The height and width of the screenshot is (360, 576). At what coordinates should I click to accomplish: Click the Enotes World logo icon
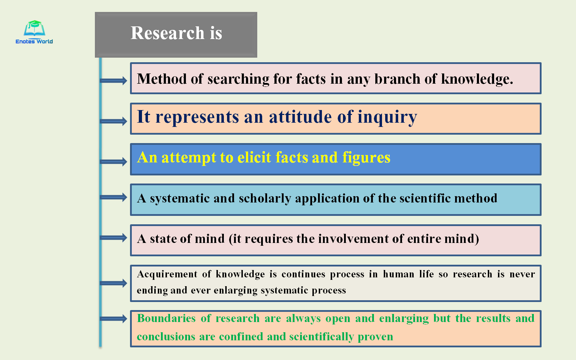click(x=34, y=28)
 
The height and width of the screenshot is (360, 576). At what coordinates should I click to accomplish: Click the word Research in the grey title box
click(x=167, y=33)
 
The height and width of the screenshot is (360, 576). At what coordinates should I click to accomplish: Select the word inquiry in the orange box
click(x=387, y=117)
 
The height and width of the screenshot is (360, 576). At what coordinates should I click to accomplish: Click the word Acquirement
click(x=167, y=274)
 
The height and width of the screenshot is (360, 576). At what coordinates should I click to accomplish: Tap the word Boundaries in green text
click(x=166, y=319)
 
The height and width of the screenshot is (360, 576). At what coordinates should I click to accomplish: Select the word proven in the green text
click(x=375, y=337)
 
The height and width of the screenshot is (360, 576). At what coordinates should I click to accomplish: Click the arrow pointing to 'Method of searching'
click(x=114, y=81)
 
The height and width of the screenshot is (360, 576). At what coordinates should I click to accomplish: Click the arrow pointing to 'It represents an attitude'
click(x=114, y=121)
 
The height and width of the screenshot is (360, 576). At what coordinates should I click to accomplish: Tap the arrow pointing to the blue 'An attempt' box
click(x=114, y=162)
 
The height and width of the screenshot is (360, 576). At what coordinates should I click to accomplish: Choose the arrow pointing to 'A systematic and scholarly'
click(x=114, y=197)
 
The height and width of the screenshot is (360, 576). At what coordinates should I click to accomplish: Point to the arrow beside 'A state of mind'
click(x=114, y=238)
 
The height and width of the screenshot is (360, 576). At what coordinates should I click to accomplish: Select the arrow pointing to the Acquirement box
click(x=114, y=283)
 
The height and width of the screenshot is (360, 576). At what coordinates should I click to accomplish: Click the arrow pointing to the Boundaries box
click(x=114, y=319)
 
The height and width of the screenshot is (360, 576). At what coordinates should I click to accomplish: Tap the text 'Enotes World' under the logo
click(x=34, y=41)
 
